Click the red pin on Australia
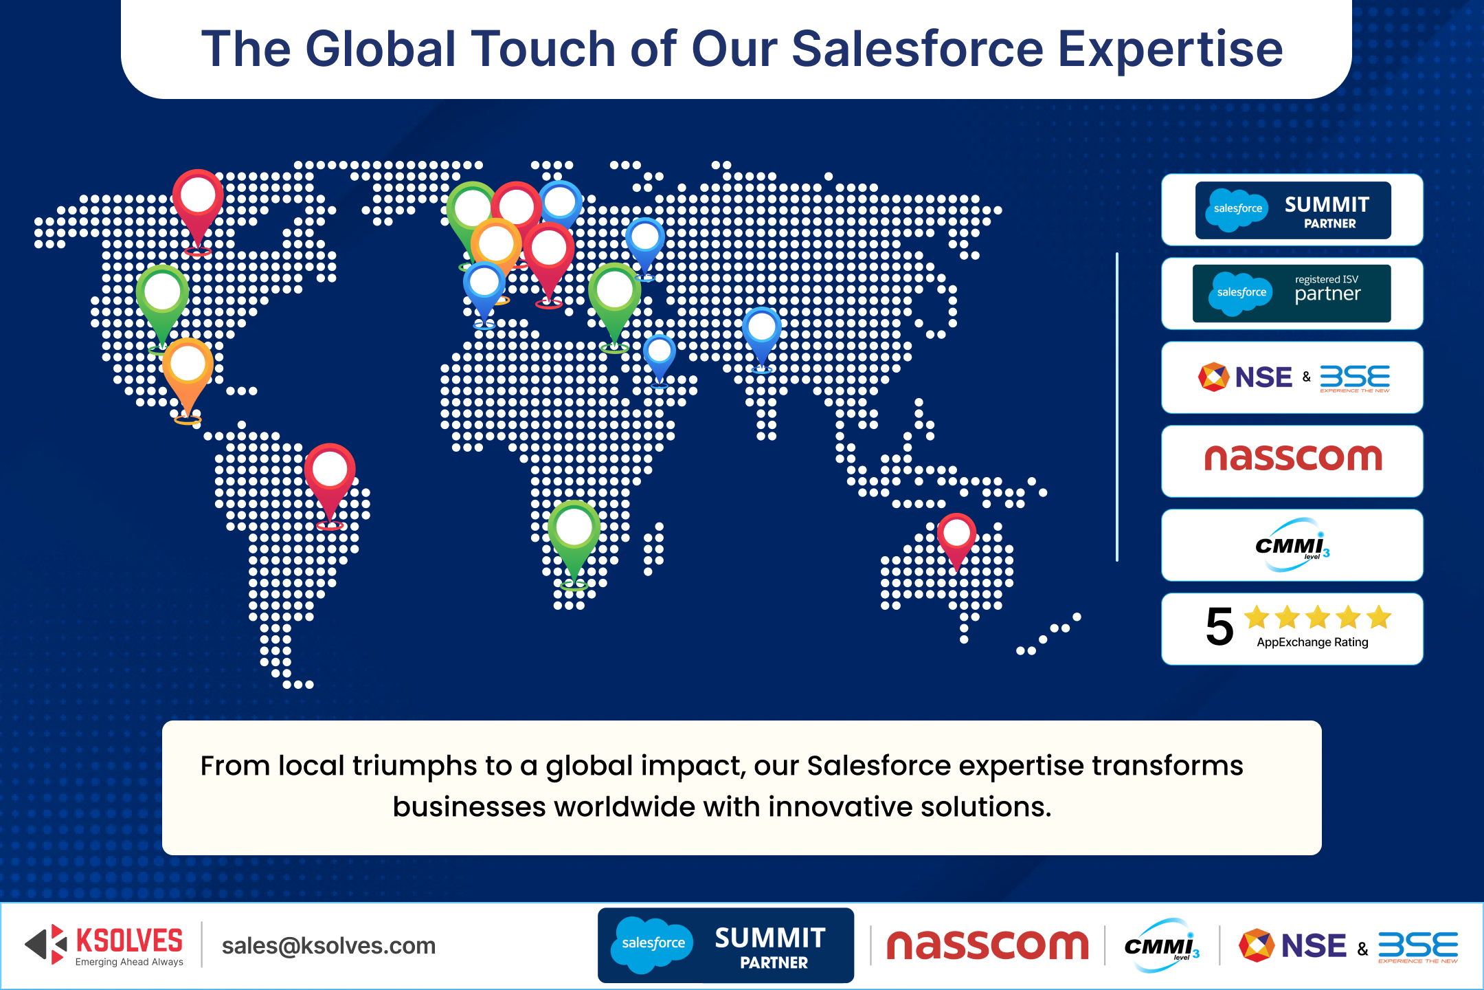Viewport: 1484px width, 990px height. pyautogui.click(x=956, y=540)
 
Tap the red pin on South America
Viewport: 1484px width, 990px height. pyautogui.click(x=330, y=481)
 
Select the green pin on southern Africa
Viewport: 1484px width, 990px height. pyautogui.click(x=574, y=540)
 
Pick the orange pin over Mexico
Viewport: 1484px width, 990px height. pyautogui.click(x=188, y=375)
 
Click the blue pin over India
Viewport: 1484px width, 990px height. pyautogui.click(x=762, y=337)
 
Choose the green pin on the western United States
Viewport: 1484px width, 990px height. pyautogui.click(x=162, y=302)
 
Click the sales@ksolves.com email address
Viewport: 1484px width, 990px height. pyautogui.click(x=328, y=946)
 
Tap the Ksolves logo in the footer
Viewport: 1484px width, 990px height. pyautogui.click(x=104, y=945)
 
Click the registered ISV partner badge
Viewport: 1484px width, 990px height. pyautogui.click(x=1292, y=294)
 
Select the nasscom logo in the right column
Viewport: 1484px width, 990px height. pyautogui.click(x=1293, y=458)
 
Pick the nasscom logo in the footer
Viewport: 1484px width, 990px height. pyautogui.click(x=987, y=945)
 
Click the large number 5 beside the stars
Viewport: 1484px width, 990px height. pyautogui.click(x=1219, y=626)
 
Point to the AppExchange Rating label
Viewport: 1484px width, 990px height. pyautogui.click(x=1312, y=642)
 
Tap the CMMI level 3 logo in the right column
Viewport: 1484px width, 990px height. pyautogui.click(x=1292, y=545)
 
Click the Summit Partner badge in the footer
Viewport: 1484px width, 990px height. pyautogui.click(x=726, y=945)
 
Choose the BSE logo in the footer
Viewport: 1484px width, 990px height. pyautogui.click(x=1418, y=947)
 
